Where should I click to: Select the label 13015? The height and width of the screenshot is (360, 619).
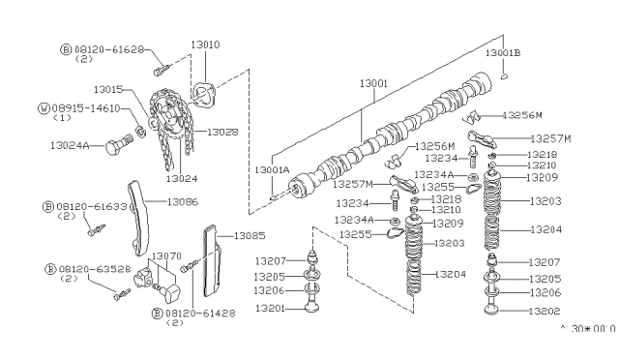(112, 88)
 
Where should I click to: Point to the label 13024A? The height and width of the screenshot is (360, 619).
(70, 146)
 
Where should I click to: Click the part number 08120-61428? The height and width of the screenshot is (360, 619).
(198, 313)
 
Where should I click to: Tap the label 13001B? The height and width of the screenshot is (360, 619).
(502, 51)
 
